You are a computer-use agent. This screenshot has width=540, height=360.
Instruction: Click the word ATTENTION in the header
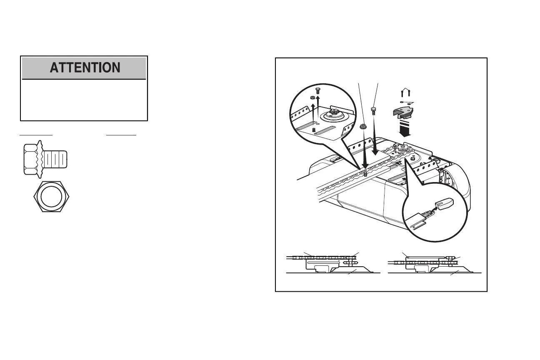[x=85, y=67]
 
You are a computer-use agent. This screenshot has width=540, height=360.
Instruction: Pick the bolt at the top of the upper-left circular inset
[x=318, y=90]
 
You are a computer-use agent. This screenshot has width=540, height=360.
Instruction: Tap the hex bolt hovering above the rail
[x=374, y=110]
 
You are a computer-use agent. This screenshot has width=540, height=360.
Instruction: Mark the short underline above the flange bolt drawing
[x=36, y=135]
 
